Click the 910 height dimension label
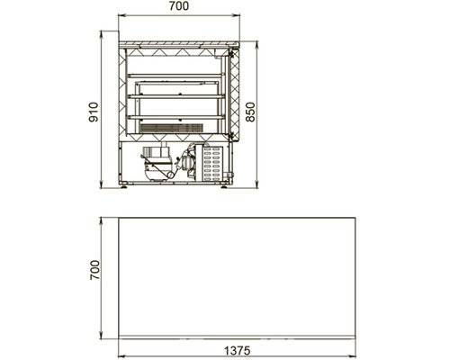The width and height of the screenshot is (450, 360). click(x=94, y=112)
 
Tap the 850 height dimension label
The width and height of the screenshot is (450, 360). click(x=250, y=112)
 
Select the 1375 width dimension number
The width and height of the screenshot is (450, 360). click(x=237, y=350)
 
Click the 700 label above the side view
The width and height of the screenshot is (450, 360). click(x=179, y=6)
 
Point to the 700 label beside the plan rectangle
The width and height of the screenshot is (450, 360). click(x=94, y=270)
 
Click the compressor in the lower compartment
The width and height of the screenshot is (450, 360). click(x=157, y=164)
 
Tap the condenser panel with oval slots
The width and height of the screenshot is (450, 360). click(x=213, y=164)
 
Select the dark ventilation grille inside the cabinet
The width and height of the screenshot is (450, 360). click(x=172, y=128)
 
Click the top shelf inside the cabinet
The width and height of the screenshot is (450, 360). click(x=176, y=76)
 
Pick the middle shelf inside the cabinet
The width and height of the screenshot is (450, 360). click(x=176, y=96)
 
